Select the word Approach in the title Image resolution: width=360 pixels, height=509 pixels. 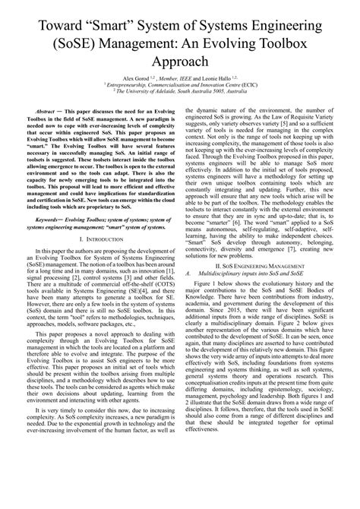[x=180, y=67]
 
